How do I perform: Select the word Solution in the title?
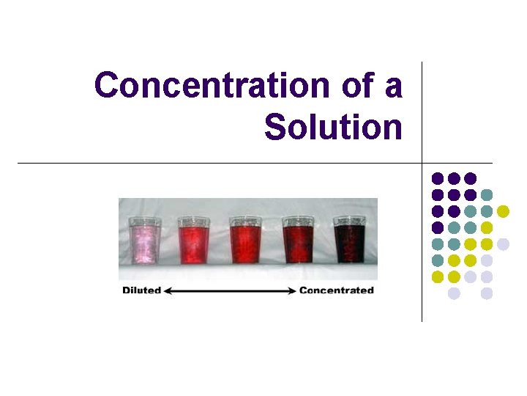[333, 127]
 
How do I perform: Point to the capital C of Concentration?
[107, 86]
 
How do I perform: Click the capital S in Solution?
[275, 127]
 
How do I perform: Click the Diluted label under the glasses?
[141, 290]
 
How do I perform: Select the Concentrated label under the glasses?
[337, 290]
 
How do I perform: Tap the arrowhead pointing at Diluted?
[167, 290]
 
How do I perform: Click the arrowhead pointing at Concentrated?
[291, 290]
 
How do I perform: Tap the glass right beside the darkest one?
[297, 241]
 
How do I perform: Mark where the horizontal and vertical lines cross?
[422, 162]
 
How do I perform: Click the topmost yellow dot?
[503, 211]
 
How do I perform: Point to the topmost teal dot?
[487, 195]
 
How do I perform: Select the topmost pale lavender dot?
[503, 244]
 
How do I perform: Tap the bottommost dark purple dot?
[438, 227]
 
